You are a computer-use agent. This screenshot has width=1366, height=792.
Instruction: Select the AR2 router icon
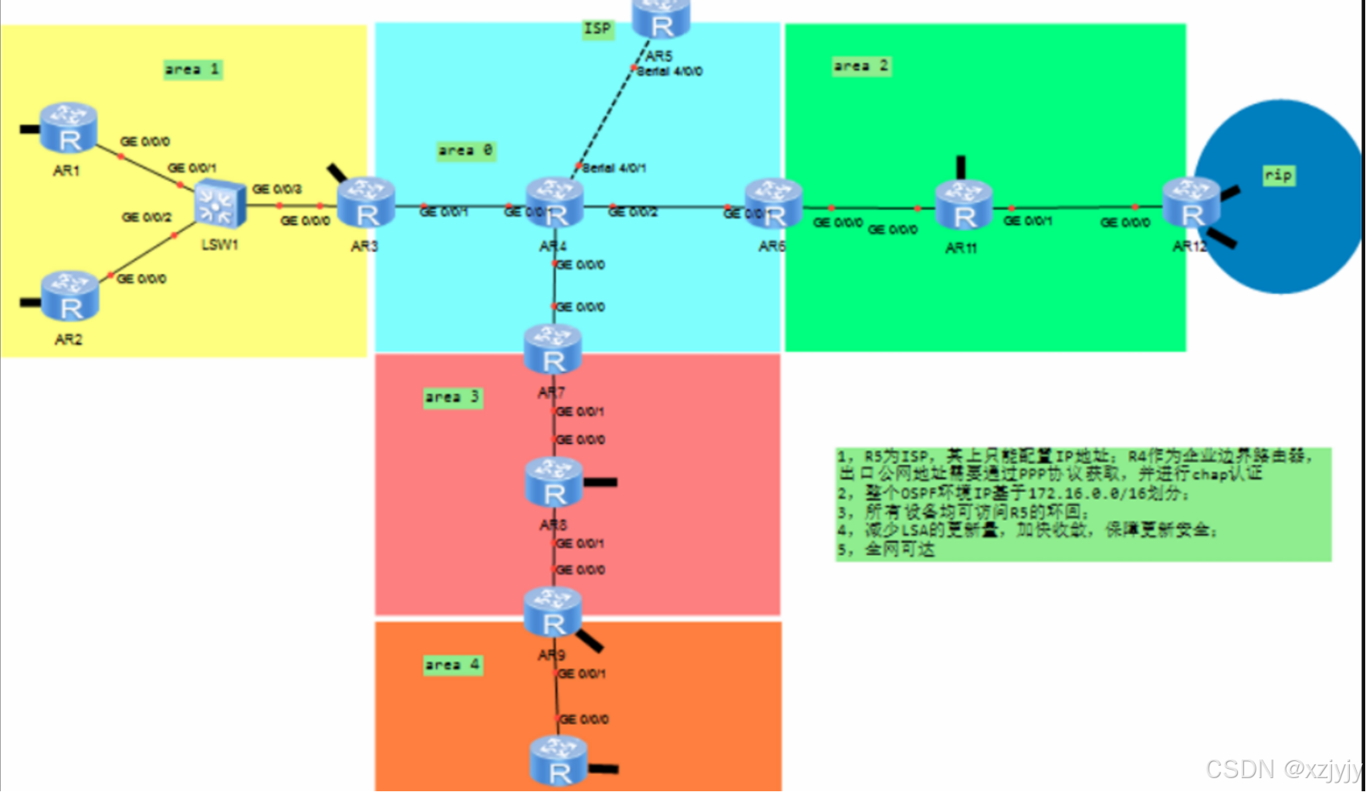click(x=70, y=296)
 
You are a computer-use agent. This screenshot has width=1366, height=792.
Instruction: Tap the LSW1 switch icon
click(x=220, y=205)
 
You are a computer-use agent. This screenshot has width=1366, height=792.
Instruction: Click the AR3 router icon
click(x=367, y=203)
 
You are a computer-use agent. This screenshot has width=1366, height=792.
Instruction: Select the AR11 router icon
click(x=964, y=206)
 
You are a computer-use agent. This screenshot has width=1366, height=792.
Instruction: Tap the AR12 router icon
click(x=1191, y=202)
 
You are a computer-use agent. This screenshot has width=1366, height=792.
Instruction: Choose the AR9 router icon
click(x=553, y=613)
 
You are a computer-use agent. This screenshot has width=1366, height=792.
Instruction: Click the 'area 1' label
click(x=193, y=69)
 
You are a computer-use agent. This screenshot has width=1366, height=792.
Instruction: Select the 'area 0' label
click(x=465, y=150)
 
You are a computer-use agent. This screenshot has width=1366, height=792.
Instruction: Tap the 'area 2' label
click(x=861, y=66)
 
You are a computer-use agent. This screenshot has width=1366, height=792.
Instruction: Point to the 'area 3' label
click(x=453, y=398)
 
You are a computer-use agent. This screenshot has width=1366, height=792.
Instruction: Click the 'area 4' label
click(x=453, y=665)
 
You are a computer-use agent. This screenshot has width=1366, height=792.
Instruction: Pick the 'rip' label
click(x=1278, y=175)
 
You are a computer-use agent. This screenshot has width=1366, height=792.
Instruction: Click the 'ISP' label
click(x=598, y=29)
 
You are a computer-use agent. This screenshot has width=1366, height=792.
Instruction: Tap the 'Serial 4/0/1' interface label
click(x=614, y=168)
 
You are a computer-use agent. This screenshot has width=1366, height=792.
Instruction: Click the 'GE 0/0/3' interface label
click(x=277, y=189)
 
